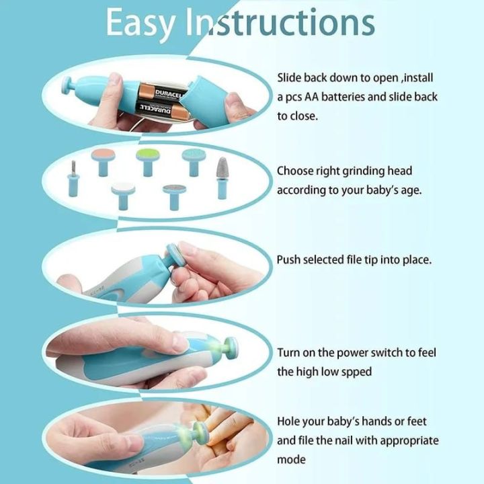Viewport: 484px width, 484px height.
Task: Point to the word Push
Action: (289, 259)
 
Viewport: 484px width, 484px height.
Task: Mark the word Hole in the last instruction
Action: (290, 421)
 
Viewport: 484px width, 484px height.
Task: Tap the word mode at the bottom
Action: (291, 460)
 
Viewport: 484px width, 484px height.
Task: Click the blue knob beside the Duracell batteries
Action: (70, 87)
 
